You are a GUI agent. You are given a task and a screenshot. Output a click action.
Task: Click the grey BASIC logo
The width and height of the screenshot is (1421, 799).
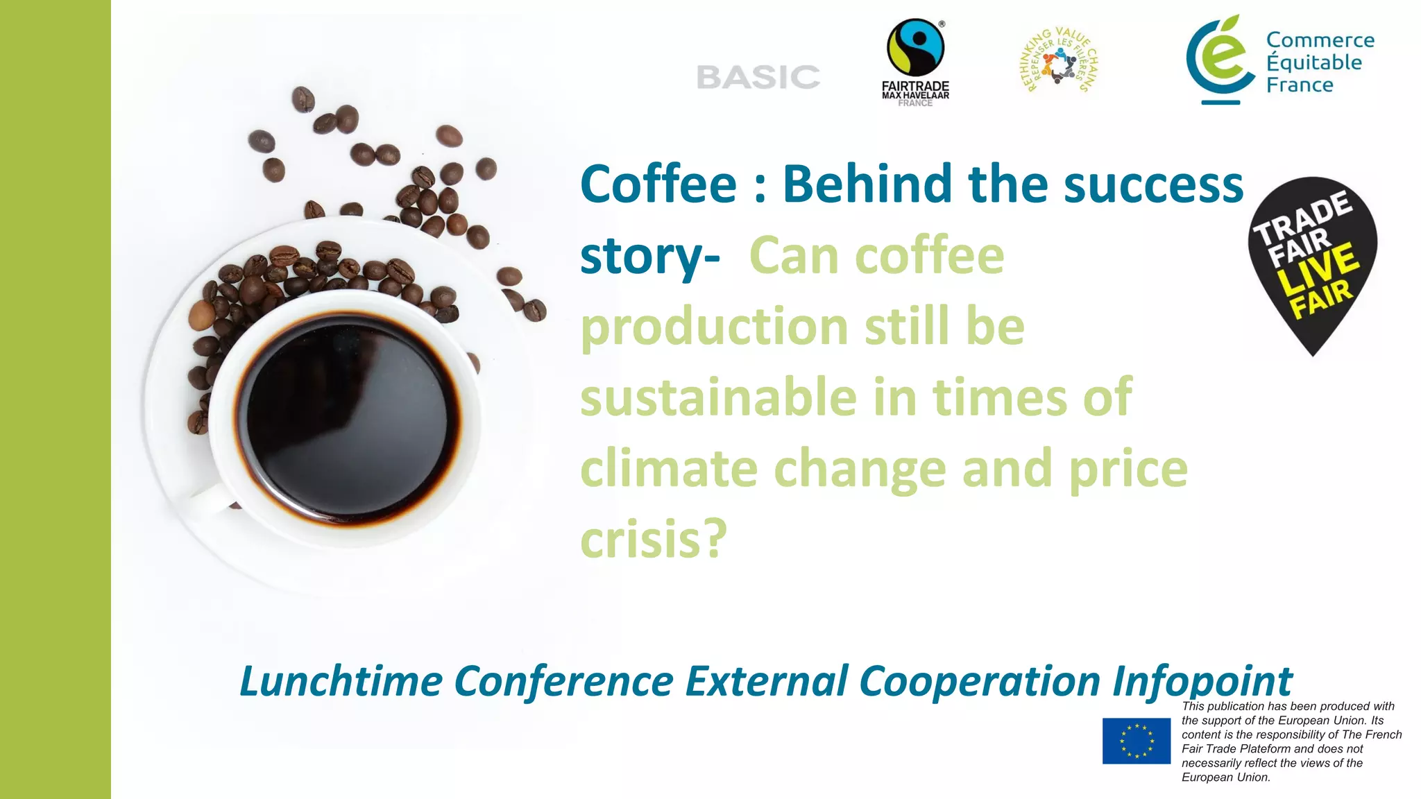pyautogui.click(x=758, y=77)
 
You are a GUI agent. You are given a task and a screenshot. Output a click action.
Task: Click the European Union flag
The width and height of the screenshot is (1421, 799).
pyautogui.click(x=1136, y=741)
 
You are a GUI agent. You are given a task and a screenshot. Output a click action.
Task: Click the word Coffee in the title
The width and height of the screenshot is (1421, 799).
pyautogui.click(x=658, y=184)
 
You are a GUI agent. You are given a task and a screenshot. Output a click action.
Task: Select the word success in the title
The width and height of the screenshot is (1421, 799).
pyautogui.click(x=1153, y=184)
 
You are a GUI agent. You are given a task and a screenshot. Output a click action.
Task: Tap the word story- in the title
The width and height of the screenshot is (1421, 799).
pyautogui.click(x=649, y=257)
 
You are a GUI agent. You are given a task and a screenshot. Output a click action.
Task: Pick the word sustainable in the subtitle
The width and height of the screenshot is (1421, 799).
pyautogui.click(x=718, y=397)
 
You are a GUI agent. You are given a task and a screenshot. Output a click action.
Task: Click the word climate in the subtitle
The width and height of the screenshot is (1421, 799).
pyautogui.click(x=668, y=469)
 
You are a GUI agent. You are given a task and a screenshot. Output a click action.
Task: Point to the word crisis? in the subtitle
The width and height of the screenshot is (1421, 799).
pyautogui.click(x=653, y=540)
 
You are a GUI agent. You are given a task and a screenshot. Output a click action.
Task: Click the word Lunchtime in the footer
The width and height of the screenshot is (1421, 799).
pyautogui.click(x=341, y=681)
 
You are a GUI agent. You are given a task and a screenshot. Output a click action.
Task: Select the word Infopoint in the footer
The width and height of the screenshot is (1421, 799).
pyautogui.click(x=1202, y=681)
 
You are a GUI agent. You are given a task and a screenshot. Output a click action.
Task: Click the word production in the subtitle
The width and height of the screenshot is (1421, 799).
pyautogui.click(x=714, y=327)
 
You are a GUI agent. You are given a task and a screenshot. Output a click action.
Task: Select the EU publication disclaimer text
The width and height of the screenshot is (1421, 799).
pyautogui.click(x=1291, y=741)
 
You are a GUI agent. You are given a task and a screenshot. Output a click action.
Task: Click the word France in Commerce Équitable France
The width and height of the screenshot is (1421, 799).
pyautogui.click(x=1299, y=85)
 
